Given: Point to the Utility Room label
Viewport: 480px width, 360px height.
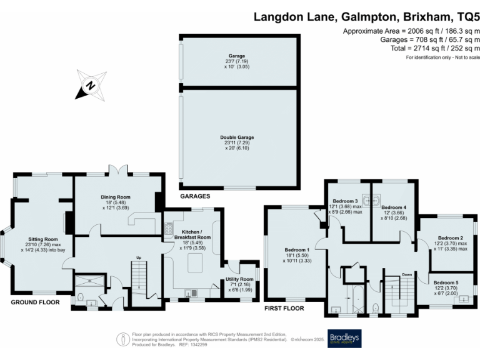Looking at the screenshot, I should tap(241, 279).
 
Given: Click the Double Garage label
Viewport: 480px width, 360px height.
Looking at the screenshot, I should tap(237, 137).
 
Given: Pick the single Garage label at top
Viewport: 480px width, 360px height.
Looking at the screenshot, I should tap(237, 56).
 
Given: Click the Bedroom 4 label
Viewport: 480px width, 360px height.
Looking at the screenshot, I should tap(394, 207).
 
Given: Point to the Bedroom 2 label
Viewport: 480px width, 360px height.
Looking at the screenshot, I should tap(450, 238).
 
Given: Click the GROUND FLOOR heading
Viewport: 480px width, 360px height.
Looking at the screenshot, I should tap(35, 302).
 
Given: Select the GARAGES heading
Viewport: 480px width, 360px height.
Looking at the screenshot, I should tap(194, 196).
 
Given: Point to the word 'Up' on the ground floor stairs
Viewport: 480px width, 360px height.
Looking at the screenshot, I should tap(139, 257).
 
